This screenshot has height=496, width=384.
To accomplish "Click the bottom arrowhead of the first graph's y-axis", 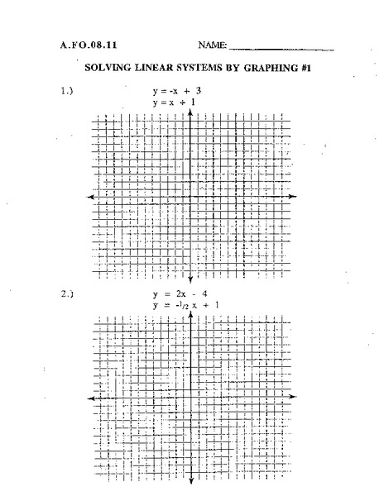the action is tap(191, 278).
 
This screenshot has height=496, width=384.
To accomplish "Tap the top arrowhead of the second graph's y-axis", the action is tap(191, 315).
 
